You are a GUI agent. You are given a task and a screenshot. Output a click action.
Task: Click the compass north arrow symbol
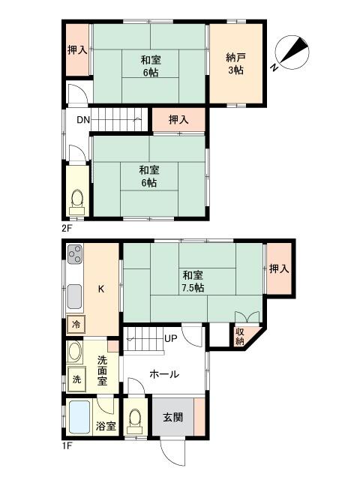click(292, 52)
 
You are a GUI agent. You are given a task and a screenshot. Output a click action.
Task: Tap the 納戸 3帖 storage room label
click(235, 64)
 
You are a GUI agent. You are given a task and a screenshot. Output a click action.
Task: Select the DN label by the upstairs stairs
click(83, 120)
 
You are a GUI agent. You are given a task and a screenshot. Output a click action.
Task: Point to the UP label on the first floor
click(170, 338)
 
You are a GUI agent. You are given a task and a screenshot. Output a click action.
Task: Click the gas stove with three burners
click(75, 254)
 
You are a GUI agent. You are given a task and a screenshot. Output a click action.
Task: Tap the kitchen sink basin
click(74, 297)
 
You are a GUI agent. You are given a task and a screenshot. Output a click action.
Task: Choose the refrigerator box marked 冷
click(76, 324)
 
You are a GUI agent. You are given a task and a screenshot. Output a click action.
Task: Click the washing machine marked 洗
click(76, 379)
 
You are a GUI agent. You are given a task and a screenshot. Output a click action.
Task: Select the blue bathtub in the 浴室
click(79, 417)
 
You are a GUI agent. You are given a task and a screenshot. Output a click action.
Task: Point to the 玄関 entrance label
click(173, 417)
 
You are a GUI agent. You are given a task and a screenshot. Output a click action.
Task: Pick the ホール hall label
click(164, 374)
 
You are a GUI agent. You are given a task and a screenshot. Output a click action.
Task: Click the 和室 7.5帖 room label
click(193, 281)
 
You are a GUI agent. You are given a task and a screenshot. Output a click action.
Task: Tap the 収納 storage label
click(240, 337)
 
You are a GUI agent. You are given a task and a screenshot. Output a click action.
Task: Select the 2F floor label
click(67, 228)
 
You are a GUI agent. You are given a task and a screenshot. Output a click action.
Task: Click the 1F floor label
click(67, 445)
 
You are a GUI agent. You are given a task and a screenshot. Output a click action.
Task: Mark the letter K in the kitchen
click(101, 289)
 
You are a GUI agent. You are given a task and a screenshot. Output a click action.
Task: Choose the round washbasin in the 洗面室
click(75, 352)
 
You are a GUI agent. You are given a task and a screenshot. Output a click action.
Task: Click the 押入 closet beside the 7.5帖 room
click(279, 268)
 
